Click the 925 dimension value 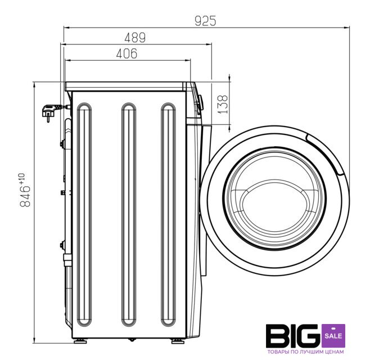tap(205, 21)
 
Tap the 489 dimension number tap(135, 38)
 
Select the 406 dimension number tap(127, 53)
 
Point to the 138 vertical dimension tap(222, 104)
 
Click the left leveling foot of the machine tap(80, 341)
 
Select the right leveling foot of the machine tap(178, 341)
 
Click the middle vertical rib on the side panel tap(129, 214)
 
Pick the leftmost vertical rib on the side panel tap(84, 214)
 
